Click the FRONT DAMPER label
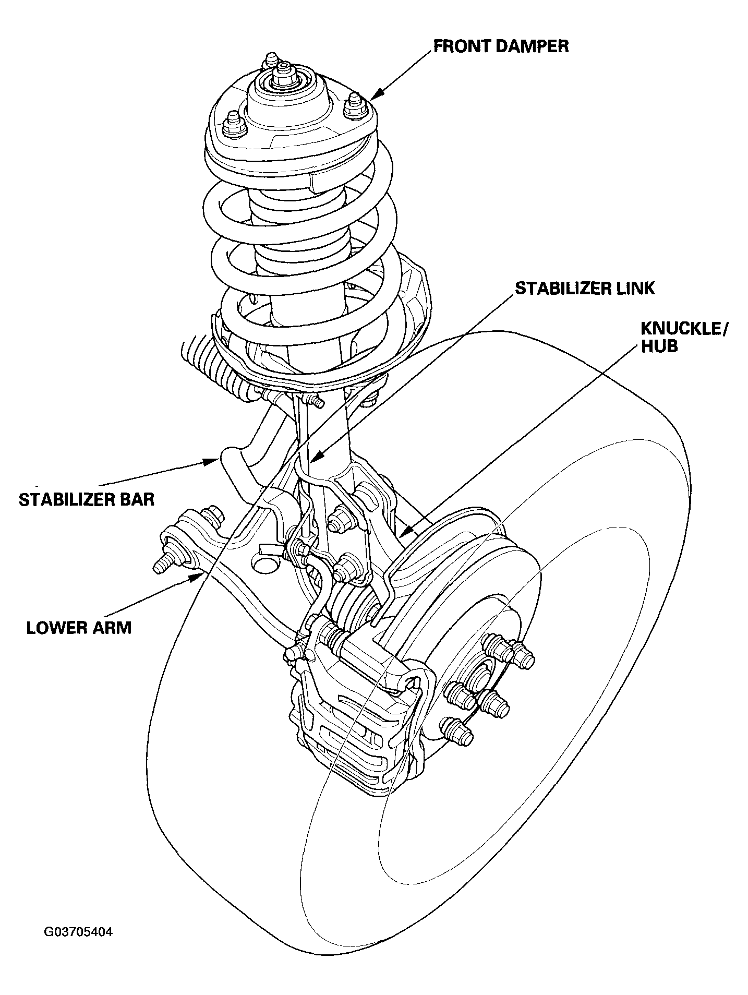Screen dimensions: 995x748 pyautogui.click(x=501, y=46)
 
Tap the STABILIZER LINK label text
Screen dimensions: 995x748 pyautogui.click(x=584, y=288)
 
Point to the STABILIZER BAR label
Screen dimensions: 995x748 pyautogui.click(x=87, y=499)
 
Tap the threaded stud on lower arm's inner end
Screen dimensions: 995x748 pyautogui.click(x=163, y=566)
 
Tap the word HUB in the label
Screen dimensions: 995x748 pyautogui.click(x=659, y=346)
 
